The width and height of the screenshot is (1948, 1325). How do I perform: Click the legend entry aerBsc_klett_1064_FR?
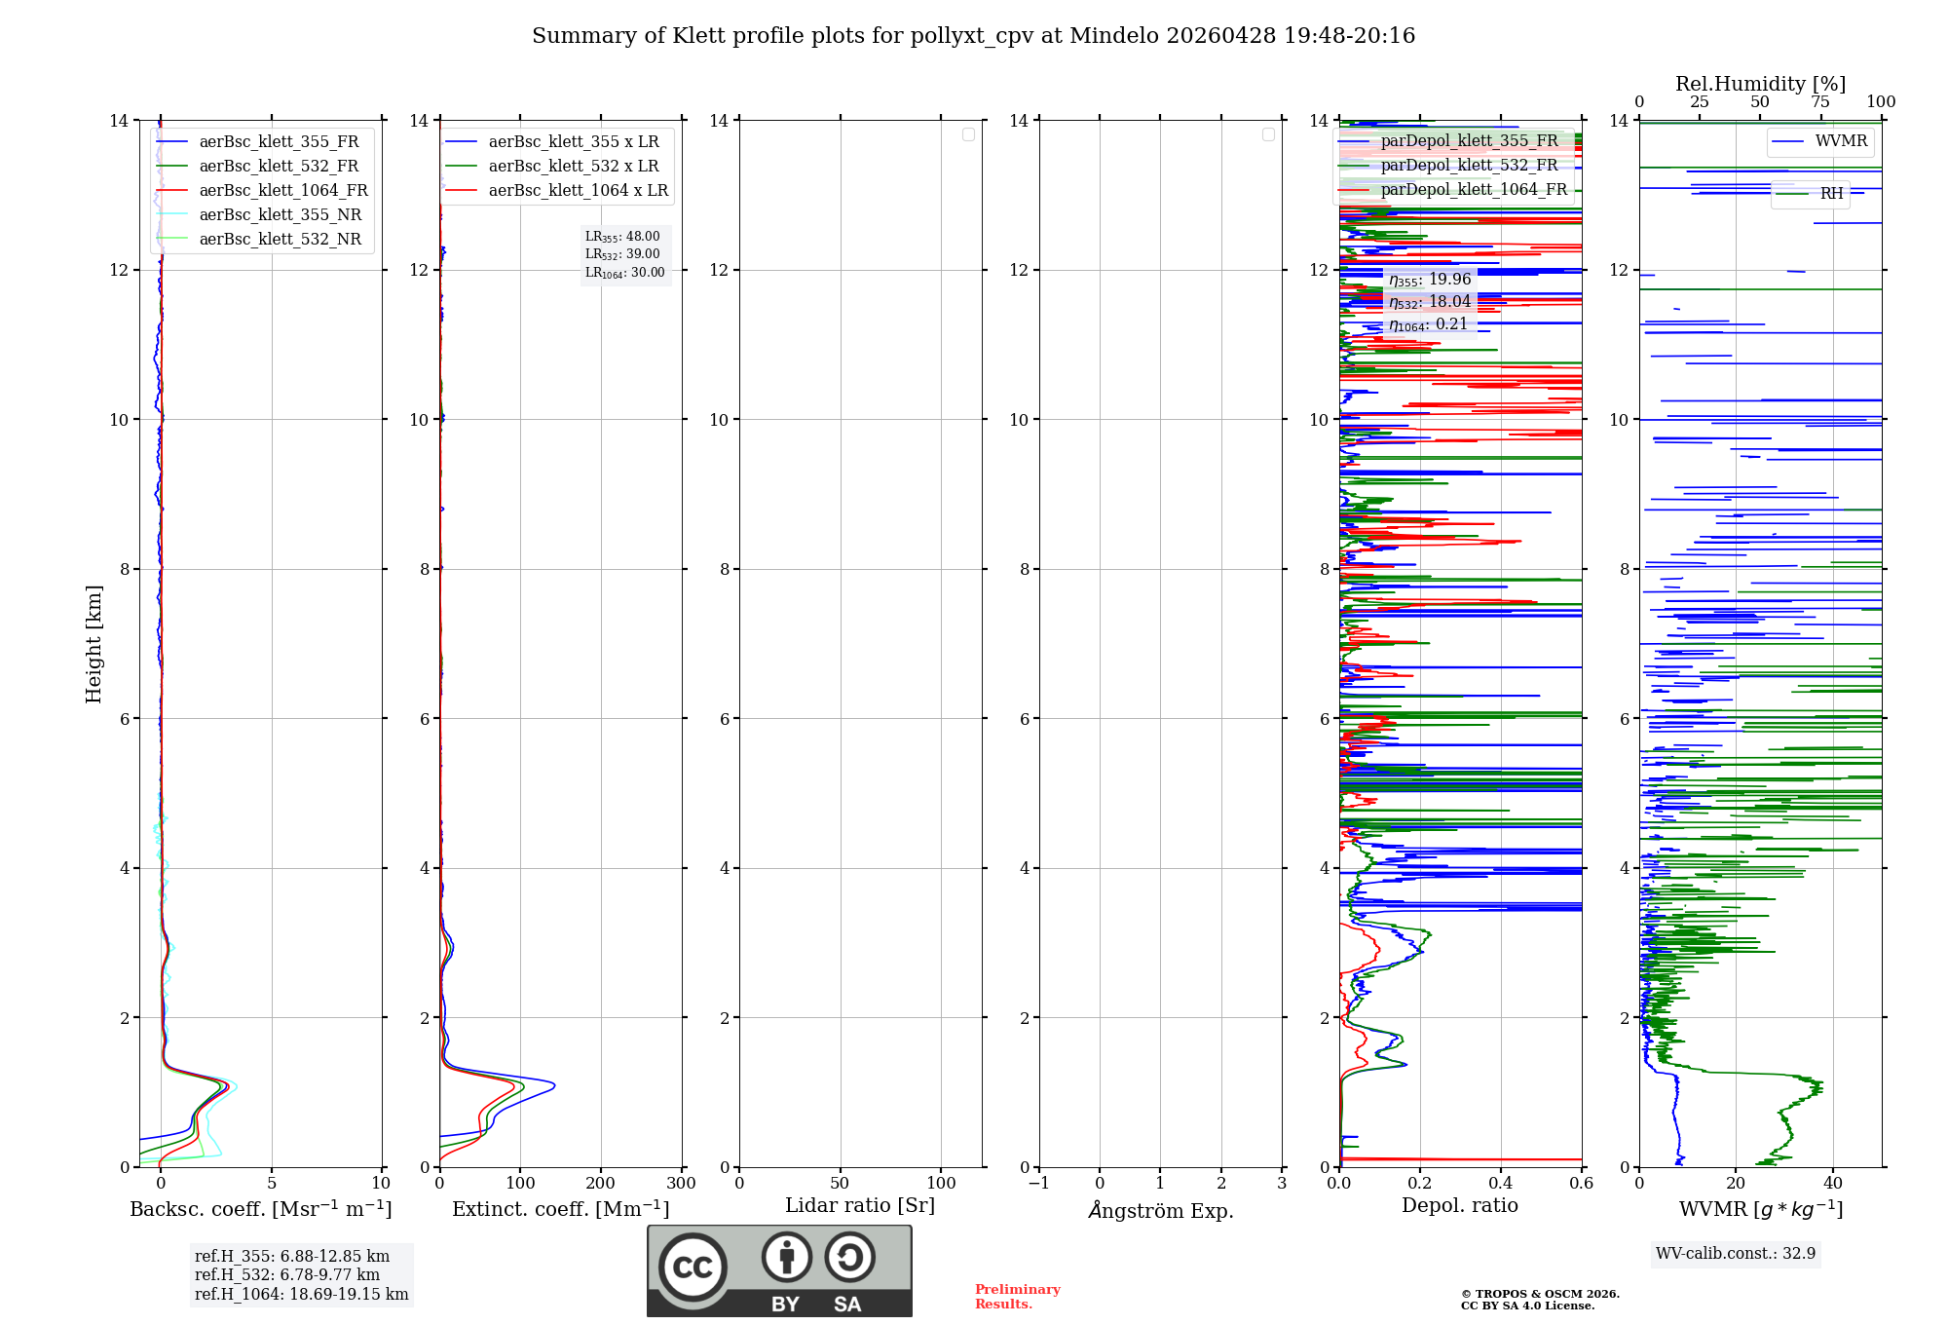coord(283,191)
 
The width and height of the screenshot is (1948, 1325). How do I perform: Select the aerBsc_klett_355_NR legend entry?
coord(280,215)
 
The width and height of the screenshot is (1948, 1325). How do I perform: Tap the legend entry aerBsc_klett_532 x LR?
coord(573,167)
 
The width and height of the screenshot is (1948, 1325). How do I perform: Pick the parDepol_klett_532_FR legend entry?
coord(1469,166)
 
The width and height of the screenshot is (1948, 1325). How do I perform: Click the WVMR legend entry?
coord(1841,141)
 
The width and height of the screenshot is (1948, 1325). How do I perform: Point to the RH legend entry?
coord(1831,194)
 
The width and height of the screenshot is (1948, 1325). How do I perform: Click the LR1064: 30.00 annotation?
coord(624,273)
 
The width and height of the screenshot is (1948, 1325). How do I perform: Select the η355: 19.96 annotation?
coord(1429,280)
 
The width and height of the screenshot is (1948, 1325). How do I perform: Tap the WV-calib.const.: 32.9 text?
coord(1735,1254)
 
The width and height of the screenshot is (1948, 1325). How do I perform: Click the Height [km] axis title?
coord(94,644)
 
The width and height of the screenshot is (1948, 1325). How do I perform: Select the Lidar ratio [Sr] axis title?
coord(859,1206)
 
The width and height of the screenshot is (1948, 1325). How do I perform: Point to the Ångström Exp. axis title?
coord(1160,1211)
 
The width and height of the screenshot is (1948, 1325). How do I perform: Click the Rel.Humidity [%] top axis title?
coord(1760,84)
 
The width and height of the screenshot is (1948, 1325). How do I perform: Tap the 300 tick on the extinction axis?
coord(681,1184)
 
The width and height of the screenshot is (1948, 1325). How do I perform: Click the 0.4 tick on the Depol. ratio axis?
coord(1501,1184)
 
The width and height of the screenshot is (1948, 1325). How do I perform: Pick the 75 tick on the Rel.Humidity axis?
coord(1819,102)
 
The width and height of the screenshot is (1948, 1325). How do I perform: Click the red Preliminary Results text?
coord(1017,1297)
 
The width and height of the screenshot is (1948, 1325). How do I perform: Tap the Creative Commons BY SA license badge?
coord(779,1271)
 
